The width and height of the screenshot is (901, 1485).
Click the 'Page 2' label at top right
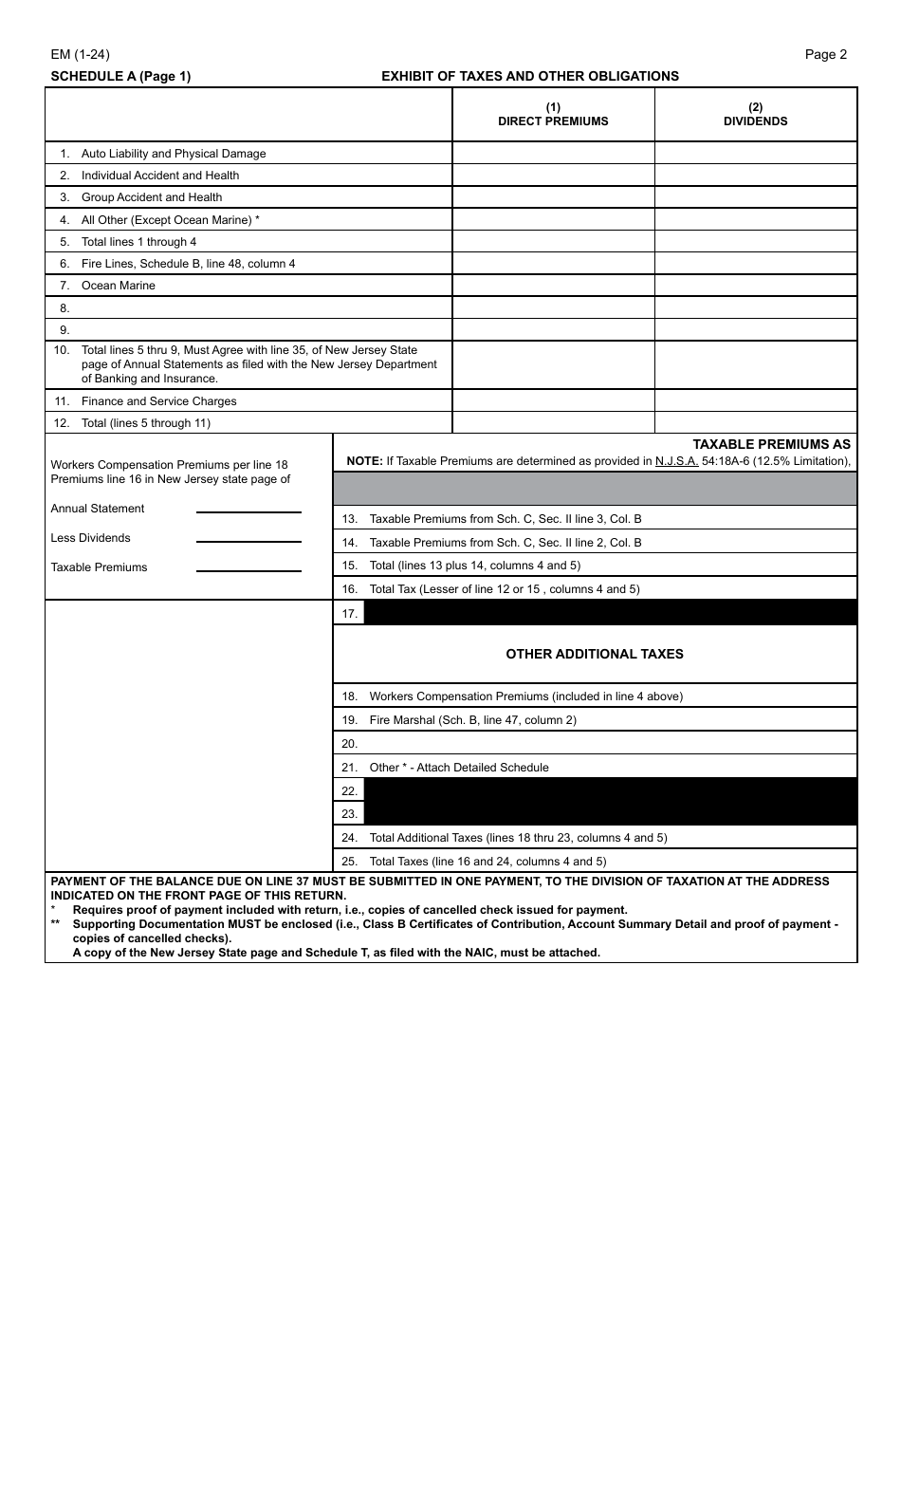tap(825, 55)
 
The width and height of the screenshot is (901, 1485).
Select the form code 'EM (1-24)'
tap(80, 55)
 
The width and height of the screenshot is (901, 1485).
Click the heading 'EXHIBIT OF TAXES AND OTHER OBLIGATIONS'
tap(529, 76)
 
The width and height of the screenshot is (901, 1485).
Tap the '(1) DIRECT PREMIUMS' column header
tap(553, 114)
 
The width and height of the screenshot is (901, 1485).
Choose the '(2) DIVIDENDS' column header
tap(755, 114)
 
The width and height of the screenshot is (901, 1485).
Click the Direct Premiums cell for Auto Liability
tap(553, 154)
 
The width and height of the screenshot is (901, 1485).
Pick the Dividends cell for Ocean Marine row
tap(755, 286)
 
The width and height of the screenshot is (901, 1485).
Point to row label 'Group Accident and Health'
tap(152, 197)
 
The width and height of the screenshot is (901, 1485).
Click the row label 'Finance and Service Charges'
tap(158, 401)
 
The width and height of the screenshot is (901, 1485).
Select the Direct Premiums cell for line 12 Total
tap(553, 423)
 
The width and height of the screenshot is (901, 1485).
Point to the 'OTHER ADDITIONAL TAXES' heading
tap(595, 654)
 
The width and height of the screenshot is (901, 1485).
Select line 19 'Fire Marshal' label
tap(472, 720)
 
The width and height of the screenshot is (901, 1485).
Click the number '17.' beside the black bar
tap(349, 614)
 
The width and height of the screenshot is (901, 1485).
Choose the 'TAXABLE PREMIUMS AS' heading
tap(771, 444)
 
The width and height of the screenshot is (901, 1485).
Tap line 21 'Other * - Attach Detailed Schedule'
tap(458, 768)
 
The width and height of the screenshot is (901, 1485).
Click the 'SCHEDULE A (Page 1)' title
tap(120, 76)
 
